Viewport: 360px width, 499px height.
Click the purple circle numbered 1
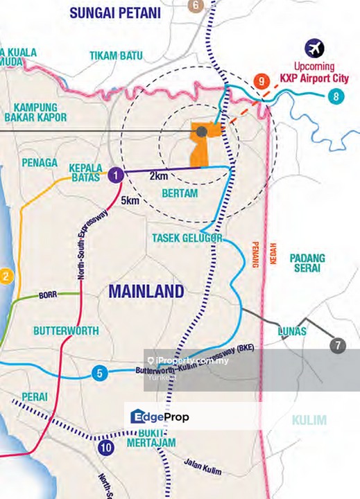pyautogui.click(x=116, y=175)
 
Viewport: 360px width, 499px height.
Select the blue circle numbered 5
pyautogui.click(x=100, y=374)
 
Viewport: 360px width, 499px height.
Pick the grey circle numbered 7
pyautogui.click(x=338, y=345)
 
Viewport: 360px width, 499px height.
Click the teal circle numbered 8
pyautogui.click(x=336, y=96)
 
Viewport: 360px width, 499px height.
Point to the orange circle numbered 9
pyautogui.click(x=261, y=82)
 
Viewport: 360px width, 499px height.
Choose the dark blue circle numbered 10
pyautogui.click(x=105, y=447)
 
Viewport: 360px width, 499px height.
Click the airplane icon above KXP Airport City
pyautogui.click(x=315, y=49)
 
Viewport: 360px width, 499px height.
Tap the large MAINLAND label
pyautogui.click(x=146, y=291)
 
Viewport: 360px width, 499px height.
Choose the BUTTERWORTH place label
pyautogui.click(x=67, y=331)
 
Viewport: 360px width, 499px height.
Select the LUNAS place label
pyautogui.click(x=291, y=331)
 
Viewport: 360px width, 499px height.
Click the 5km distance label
pyautogui.click(x=130, y=202)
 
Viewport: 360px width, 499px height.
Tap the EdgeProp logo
pyautogui.click(x=160, y=417)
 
